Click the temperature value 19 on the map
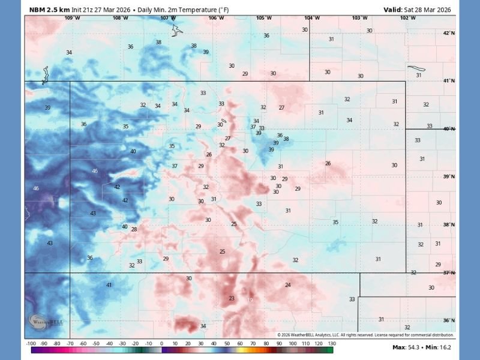pyautogui.click(x=250, y=300)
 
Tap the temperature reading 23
pyautogui.click(x=232, y=298)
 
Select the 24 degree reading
pyautogui.click(x=287, y=285)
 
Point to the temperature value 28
pyautogui.click(x=134, y=229)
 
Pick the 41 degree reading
pyautogui.click(x=109, y=285)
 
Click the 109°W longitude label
pyautogui.click(x=71, y=18)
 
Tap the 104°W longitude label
pyautogui.click(x=312, y=18)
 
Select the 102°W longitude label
pyautogui.click(x=408, y=18)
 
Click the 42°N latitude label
pyautogui.click(x=448, y=33)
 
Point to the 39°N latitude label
pyautogui.click(x=448, y=177)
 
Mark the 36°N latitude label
pyautogui.click(x=448, y=320)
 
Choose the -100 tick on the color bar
pyautogui.click(x=31, y=343)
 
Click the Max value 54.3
pyautogui.click(x=413, y=347)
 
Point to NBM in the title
pyautogui.click(x=37, y=9)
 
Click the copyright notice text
pyautogui.click(x=365, y=335)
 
